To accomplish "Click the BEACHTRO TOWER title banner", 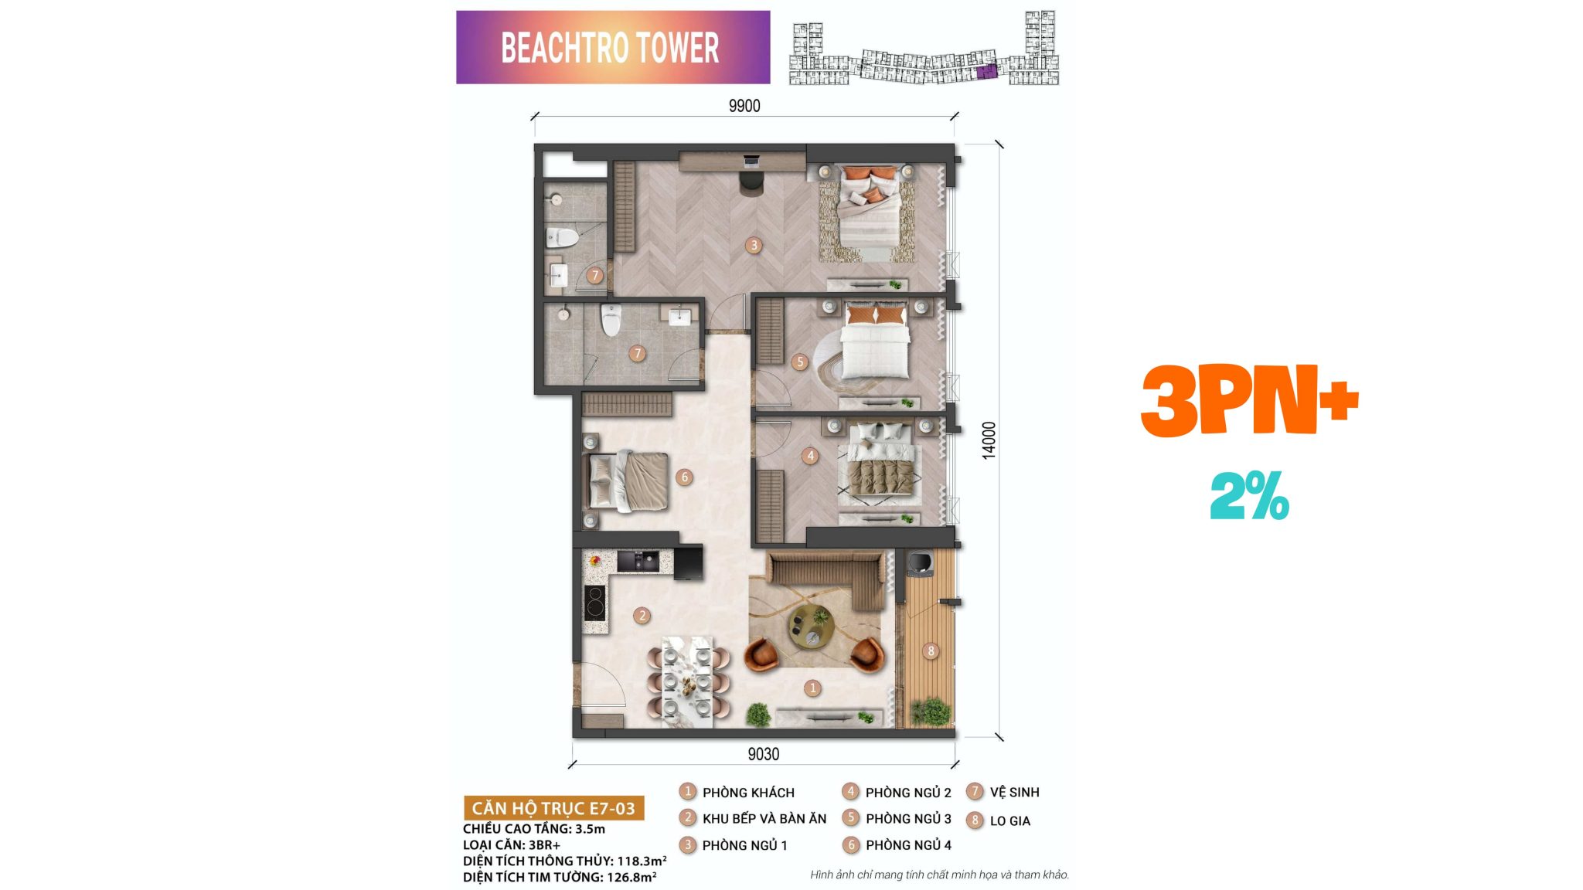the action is point(613,47).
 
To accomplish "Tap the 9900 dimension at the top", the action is point(744,106).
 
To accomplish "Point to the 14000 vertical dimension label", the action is point(989,440).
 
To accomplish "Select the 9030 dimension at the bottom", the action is point(763,754).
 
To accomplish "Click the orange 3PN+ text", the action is point(1249,400).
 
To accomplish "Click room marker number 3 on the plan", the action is point(754,246).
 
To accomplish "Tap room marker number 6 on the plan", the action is point(684,477).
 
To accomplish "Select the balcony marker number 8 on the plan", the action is point(931,651).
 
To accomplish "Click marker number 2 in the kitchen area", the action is point(642,616).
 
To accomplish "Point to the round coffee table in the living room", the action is point(810,626).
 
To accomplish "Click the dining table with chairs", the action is point(688,681).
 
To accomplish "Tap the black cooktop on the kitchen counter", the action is point(594,603).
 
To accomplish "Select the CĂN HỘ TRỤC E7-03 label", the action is point(553,808).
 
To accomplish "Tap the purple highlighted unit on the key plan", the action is point(986,72).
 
